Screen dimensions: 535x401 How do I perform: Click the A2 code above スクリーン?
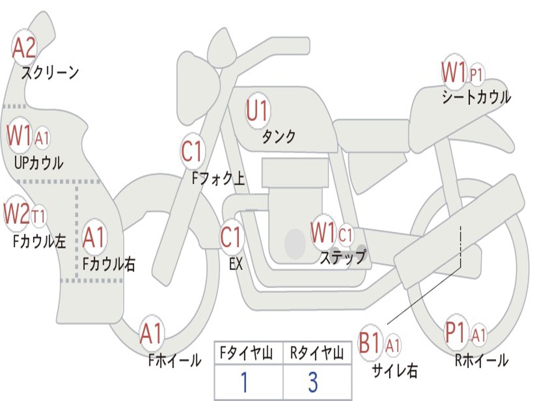24,48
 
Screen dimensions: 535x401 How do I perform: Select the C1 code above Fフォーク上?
192,150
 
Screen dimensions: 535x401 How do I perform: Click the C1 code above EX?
231,237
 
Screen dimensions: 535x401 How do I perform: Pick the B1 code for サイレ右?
369,342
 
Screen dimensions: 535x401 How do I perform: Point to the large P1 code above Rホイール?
456,332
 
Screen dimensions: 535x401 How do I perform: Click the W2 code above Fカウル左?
16,213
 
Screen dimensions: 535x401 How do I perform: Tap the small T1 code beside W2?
39,216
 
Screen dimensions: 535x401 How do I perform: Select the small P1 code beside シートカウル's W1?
476,75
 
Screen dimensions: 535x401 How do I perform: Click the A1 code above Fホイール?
151,333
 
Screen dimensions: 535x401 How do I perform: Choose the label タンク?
279,137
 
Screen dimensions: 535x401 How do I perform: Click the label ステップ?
343,257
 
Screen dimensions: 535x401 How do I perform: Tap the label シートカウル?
476,97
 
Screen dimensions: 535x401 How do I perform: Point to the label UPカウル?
39,163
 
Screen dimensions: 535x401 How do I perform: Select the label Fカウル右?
109,264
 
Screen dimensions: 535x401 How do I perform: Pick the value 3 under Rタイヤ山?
313,382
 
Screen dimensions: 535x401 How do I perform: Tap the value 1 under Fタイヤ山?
245,382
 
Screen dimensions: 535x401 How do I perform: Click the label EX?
236,264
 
